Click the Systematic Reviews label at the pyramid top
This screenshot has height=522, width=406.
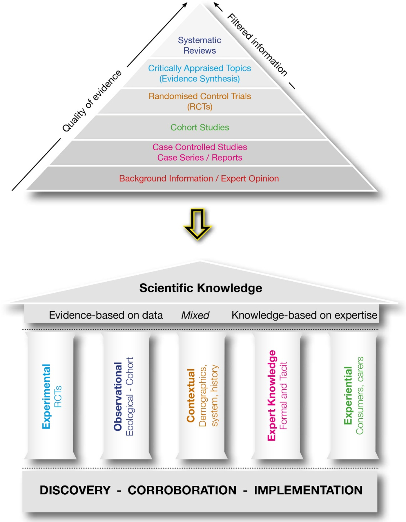tap(200, 45)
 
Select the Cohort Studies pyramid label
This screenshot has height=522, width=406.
tap(200, 127)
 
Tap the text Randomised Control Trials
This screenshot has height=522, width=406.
tap(200, 96)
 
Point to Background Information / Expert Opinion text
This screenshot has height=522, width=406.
tap(199, 179)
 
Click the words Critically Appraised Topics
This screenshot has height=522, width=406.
tap(200, 68)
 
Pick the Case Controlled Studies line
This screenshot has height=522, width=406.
tap(200, 147)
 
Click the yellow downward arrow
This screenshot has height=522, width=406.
tap(197, 224)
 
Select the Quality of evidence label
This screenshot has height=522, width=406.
tap(92, 101)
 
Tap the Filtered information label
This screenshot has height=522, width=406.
tap(257, 45)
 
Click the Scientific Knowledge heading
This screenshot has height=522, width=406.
tap(201, 288)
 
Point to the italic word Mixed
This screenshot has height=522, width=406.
tap(195, 315)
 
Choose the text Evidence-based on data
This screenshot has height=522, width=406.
tap(106, 315)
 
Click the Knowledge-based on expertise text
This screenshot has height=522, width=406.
tap(304, 315)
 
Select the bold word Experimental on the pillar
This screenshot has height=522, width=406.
tap(46, 396)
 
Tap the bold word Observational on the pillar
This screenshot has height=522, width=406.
tap(118, 396)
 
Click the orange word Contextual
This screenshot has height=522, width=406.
tap(191, 395)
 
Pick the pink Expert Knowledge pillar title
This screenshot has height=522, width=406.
tap(272, 395)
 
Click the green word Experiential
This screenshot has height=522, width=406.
tap(348, 395)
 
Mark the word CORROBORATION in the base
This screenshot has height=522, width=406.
tap(182, 490)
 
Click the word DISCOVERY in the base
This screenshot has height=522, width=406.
tap(75, 490)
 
